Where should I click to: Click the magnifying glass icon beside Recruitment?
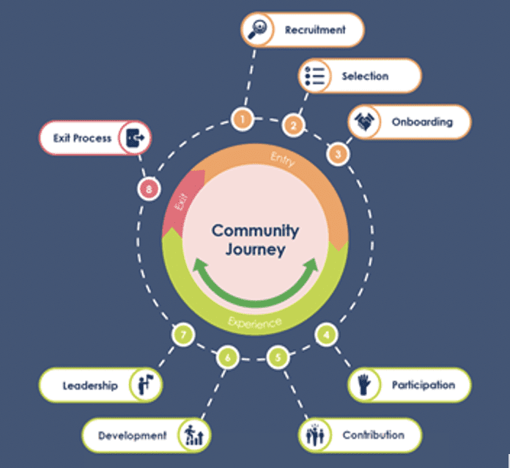coord(257,29)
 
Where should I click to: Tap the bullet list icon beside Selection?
coord(314,76)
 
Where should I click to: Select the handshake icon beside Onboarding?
coord(364,122)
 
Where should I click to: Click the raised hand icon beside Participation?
coord(364,384)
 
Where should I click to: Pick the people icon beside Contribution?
coord(314,435)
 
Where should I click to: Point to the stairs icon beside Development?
coord(194,436)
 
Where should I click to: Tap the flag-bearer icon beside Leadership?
coord(145,385)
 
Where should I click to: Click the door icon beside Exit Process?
coord(135,138)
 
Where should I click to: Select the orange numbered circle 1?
coord(243,119)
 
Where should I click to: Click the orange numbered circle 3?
coord(338,154)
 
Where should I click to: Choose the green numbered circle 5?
coord(278,357)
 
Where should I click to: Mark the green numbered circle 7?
coord(183,334)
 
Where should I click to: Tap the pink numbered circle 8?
coord(149,189)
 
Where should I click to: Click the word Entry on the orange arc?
coord(283,159)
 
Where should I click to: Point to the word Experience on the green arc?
coord(255,322)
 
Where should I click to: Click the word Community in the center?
coord(255,230)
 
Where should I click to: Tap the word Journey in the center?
coord(255,250)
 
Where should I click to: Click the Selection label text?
coord(365,76)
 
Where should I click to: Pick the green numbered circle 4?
coord(326,334)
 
